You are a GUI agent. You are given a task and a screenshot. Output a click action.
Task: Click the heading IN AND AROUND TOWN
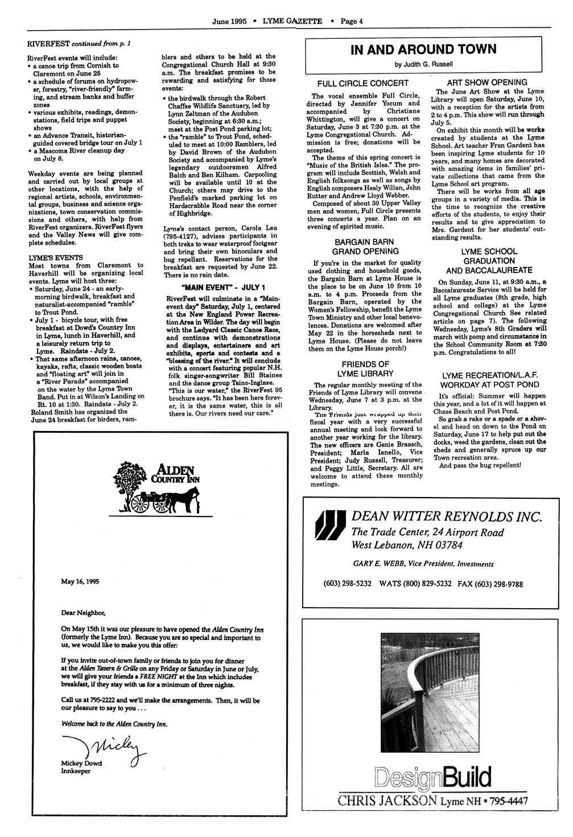pos(423,50)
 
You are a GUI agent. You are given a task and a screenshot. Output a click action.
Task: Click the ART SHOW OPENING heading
pos(487,83)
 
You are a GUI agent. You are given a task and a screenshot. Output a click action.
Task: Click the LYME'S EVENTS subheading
pos(56,257)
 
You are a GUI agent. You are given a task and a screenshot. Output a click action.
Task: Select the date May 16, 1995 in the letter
pos(80,581)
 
